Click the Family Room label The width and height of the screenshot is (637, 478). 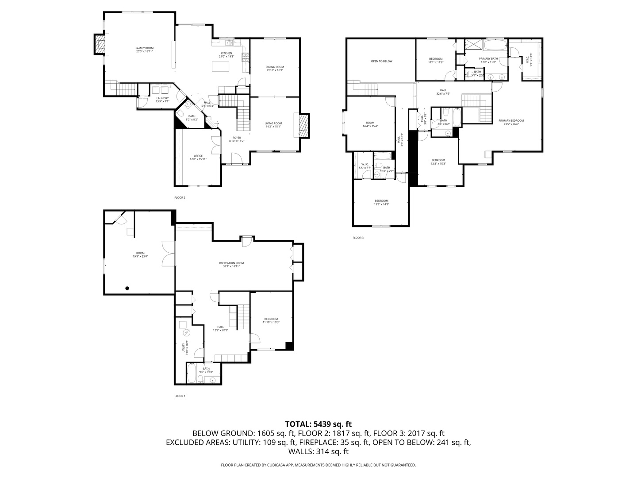pyautogui.click(x=144, y=50)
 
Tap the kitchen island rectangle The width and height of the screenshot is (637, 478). pyautogui.click(x=222, y=67)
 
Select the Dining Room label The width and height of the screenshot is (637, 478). pyautogui.click(x=275, y=68)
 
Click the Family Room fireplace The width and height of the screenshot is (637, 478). pyautogui.click(x=100, y=45)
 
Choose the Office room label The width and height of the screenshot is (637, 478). pyautogui.click(x=198, y=157)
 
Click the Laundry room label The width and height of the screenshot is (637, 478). pyautogui.click(x=162, y=100)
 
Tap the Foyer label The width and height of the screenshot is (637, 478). pyautogui.click(x=237, y=139)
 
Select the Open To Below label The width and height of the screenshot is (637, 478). pyautogui.click(x=381, y=61)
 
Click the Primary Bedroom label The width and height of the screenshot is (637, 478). pyautogui.click(x=511, y=122)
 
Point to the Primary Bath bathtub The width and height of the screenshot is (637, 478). pyautogui.click(x=495, y=46)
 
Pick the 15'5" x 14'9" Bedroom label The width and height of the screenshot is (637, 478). pyautogui.click(x=381, y=202)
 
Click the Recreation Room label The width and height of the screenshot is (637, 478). pyautogui.click(x=231, y=265)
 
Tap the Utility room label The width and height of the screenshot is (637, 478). pyautogui.click(x=184, y=348)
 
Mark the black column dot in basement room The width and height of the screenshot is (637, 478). pyautogui.click(x=127, y=288)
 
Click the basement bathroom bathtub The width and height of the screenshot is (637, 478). pyautogui.click(x=192, y=373)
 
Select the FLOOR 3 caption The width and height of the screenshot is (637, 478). pyautogui.click(x=358, y=238)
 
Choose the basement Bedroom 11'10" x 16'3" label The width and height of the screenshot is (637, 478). pyautogui.click(x=271, y=320)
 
